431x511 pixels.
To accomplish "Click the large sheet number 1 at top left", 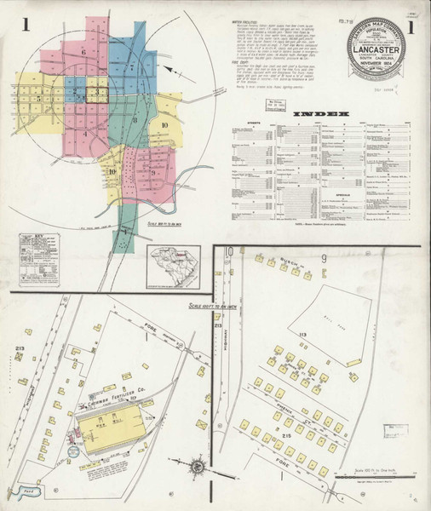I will tap(26, 26).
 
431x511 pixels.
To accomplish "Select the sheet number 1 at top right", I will tap(414, 26).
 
